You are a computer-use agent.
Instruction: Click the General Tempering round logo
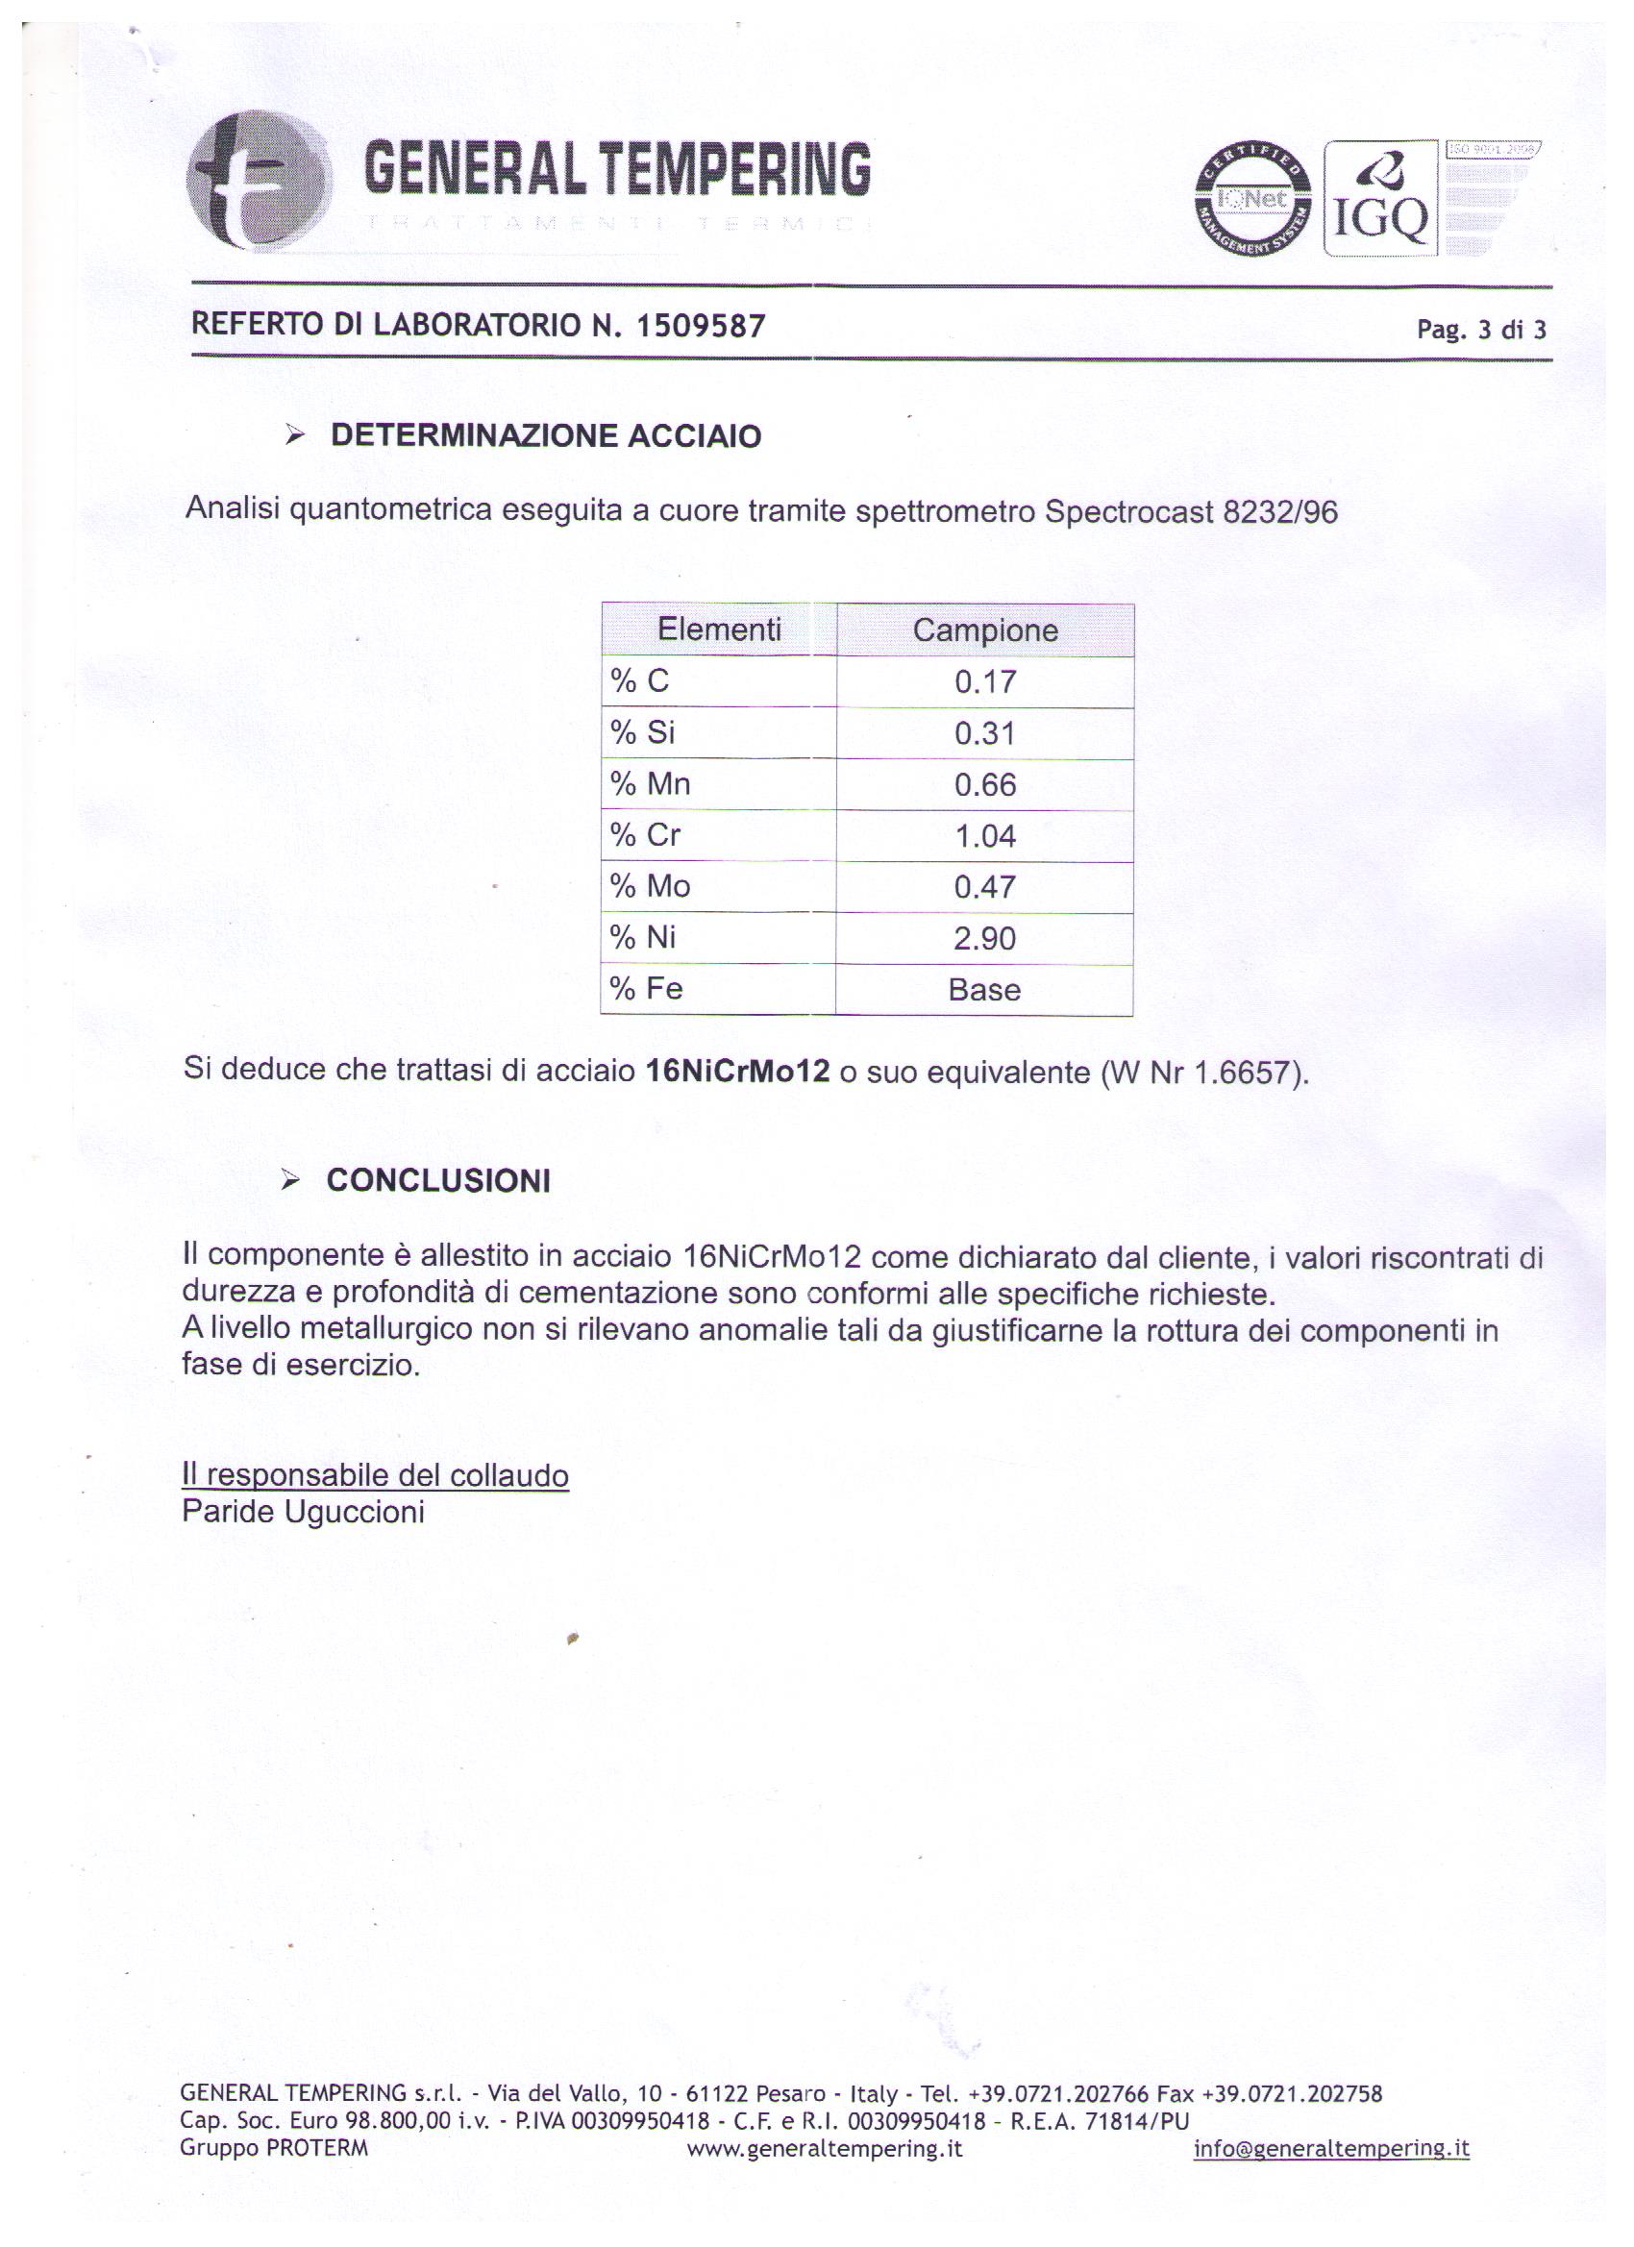pos(260,181)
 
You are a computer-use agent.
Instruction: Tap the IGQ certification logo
pos(1380,198)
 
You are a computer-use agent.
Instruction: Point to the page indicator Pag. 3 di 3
pos(1480,329)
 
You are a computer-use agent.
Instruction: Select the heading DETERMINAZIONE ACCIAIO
pos(545,436)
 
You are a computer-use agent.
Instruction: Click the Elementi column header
pos(719,630)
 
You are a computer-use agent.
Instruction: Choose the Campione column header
pos(985,630)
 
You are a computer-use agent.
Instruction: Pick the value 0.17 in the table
pos(985,681)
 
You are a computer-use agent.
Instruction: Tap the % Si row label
pos(642,732)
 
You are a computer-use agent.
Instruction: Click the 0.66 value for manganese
pos(985,784)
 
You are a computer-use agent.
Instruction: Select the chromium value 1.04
pos(985,836)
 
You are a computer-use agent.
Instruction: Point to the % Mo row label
pos(650,886)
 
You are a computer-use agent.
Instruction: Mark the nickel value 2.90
pos(985,937)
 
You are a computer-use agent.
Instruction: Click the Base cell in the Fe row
pos(984,989)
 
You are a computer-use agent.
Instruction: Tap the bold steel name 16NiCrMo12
pos(737,1071)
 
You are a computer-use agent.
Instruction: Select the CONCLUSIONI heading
pos(438,1180)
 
